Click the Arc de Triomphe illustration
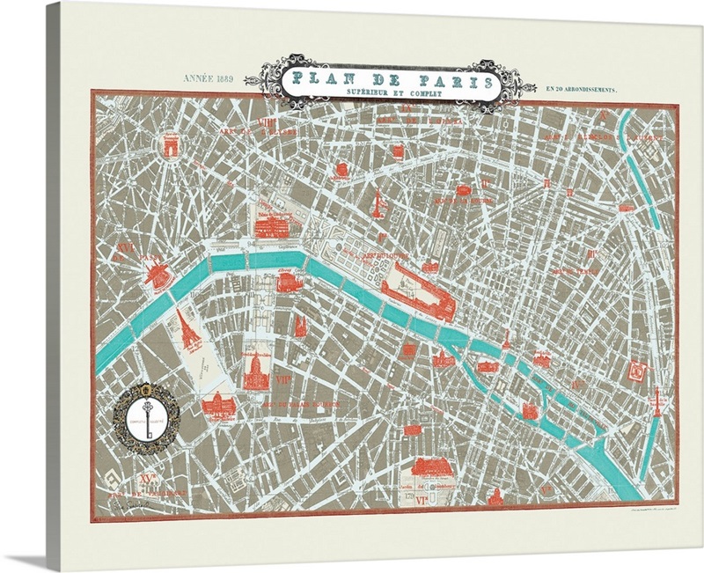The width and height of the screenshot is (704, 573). click(x=168, y=146)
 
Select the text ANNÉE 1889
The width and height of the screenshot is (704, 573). click(x=204, y=80)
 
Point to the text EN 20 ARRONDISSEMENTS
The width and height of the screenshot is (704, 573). click(x=582, y=89)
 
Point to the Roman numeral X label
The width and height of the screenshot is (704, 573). click(x=604, y=115)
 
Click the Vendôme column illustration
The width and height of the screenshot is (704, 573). click(x=379, y=203)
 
